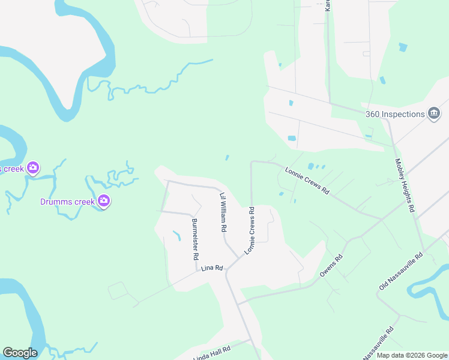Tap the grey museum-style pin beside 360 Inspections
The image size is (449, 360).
click(434, 113)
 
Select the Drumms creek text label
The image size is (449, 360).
click(67, 202)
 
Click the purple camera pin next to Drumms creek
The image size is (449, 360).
click(104, 201)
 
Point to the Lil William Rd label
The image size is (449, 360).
click(223, 212)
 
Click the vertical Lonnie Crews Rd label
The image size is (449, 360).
click(249, 230)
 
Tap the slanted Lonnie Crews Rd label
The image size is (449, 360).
click(307, 181)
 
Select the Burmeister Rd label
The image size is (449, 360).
click(195, 239)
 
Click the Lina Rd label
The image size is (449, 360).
click(212, 268)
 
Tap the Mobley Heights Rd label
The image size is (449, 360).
click(405, 185)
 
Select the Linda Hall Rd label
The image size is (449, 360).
click(212, 353)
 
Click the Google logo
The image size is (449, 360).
click(20, 353)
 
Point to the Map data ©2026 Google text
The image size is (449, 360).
click(411, 355)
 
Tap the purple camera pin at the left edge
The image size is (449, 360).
click(34, 167)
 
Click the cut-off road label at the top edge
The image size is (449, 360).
click(328, 5)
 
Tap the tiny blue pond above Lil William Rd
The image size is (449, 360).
click(226, 158)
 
